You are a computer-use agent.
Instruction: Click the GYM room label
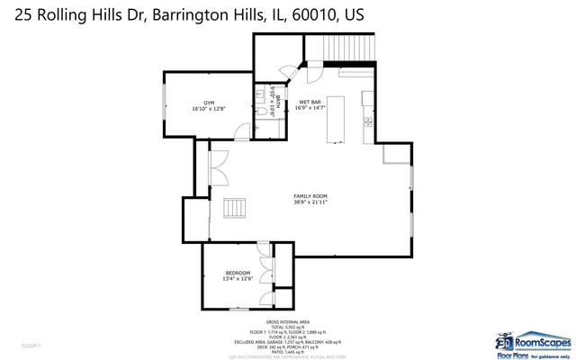208,103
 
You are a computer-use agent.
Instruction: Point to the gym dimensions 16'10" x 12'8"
208,109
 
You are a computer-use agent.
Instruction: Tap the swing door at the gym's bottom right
240,134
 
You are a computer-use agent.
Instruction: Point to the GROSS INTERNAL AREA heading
287,321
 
